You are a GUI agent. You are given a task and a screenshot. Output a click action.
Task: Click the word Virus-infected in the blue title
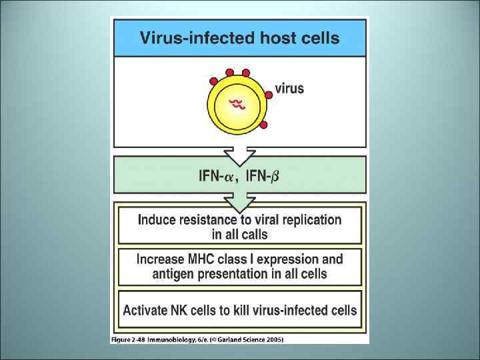187,37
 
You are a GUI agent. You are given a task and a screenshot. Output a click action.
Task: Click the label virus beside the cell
289,88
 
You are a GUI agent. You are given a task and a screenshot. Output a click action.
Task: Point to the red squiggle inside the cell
237,103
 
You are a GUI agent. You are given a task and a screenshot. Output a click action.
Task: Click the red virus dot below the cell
263,125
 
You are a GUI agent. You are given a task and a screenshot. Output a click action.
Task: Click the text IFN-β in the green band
263,176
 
